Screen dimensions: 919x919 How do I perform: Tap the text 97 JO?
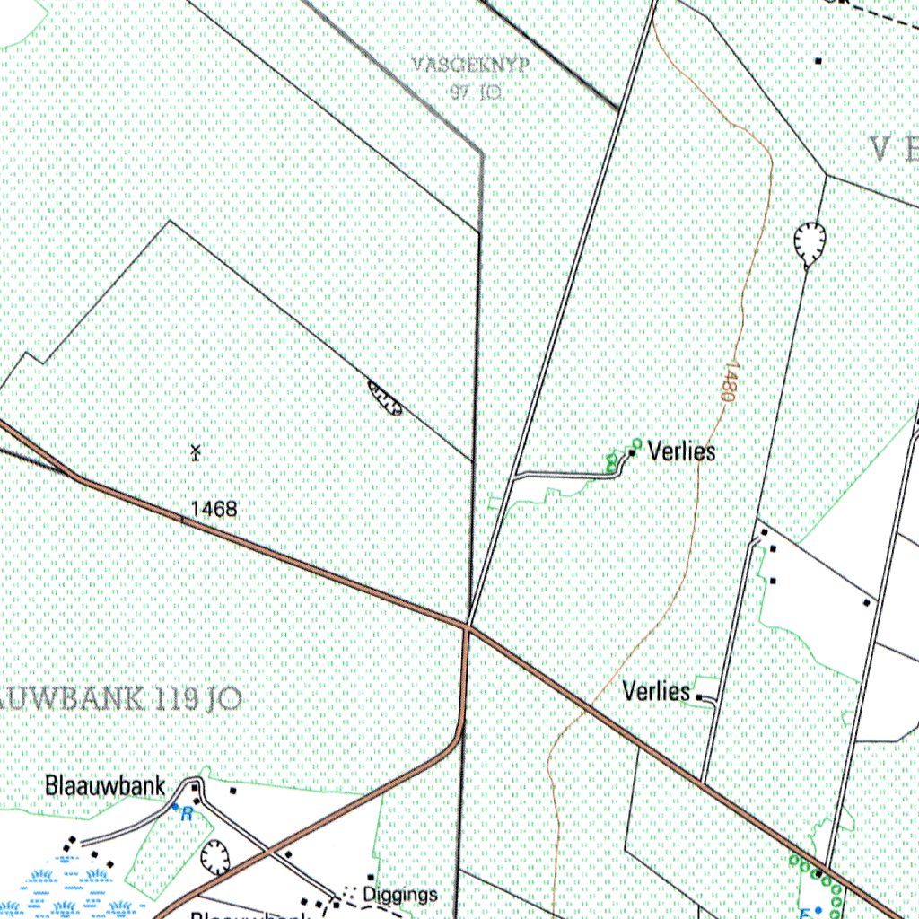(476, 91)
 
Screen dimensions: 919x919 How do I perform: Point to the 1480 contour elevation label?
(728, 381)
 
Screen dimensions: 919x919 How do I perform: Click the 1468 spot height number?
(214, 509)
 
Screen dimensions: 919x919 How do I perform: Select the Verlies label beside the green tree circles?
(682, 451)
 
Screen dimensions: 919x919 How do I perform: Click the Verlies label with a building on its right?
(657, 692)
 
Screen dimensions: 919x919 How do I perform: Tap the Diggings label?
(401, 894)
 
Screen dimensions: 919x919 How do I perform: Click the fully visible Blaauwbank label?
(105, 787)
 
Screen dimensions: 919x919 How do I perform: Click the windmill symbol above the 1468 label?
(196, 451)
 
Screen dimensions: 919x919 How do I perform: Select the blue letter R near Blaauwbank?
(187, 814)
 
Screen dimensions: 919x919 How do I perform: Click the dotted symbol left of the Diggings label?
(348, 894)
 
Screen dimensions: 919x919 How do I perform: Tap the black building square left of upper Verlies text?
(632, 453)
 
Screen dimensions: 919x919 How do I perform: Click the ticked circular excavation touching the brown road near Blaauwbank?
(214, 858)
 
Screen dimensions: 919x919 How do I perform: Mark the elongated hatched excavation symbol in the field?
(385, 398)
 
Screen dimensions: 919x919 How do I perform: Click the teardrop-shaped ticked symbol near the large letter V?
(810, 241)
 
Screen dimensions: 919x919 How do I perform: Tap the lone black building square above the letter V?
(818, 61)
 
